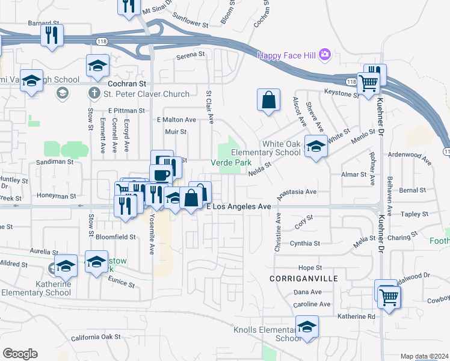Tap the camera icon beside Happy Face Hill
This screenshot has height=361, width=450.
(325, 55)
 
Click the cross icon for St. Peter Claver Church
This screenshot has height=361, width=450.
(94, 93)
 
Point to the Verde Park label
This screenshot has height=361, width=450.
(230, 162)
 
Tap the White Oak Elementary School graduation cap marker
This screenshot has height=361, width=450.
(315, 146)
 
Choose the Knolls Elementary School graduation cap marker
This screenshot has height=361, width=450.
(307, 327)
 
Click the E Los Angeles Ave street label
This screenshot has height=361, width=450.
(239, 206)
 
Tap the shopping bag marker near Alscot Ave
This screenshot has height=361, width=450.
(269, 100)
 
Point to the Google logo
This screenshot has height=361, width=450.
(20, 353)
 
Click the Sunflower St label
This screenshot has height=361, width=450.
(191, 26)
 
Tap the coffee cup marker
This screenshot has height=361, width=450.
(161, 174)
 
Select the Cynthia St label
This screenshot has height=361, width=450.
(305, 244)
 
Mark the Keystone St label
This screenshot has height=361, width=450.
(341, 93)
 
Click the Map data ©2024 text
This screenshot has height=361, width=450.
(425, 356)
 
